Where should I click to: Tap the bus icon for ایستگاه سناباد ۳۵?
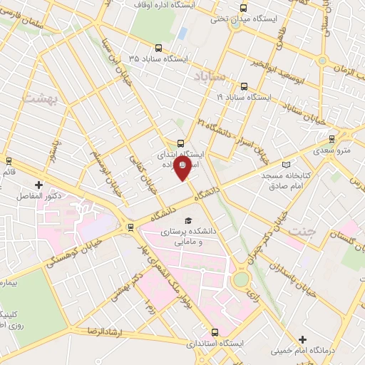158,49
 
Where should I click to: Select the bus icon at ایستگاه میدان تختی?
244,9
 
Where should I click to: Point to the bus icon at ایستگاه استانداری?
215,332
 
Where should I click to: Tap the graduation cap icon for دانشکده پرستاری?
188,221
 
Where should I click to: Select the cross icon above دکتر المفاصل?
38,185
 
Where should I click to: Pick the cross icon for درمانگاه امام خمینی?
304,339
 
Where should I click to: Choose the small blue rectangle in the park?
183,34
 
